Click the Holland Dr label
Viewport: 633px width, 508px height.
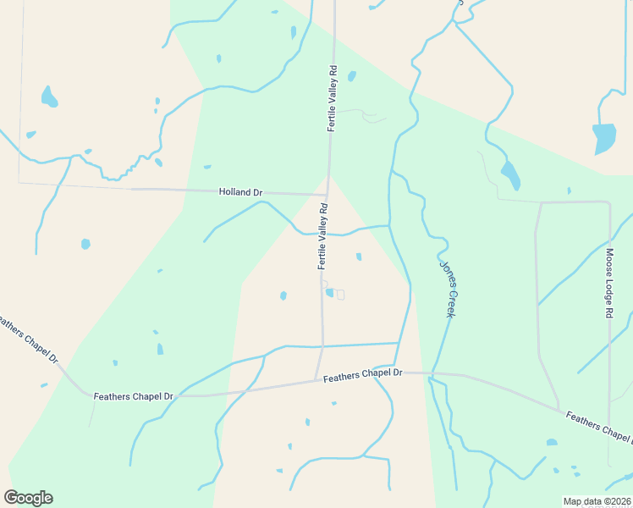pos(240,192)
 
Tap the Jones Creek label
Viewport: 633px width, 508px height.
pos(447,289)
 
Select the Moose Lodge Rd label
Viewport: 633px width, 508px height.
pos(608,283)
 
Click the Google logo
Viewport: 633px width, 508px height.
pos(28,498)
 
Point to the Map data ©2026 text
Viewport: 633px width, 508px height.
pos(597,501)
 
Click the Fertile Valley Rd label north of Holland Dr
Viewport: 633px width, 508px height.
pos(333,100)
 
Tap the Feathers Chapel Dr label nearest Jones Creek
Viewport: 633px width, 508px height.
pos(362,373)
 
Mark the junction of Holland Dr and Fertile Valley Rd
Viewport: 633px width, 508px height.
pos(328,195)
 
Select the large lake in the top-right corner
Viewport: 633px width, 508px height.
pos(604,138)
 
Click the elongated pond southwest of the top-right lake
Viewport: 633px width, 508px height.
pos(510,175)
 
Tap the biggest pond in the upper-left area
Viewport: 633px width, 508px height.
pos(49,97)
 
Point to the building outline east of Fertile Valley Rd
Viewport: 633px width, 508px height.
pos(340,295)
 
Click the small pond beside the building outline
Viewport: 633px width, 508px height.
pos(330,293)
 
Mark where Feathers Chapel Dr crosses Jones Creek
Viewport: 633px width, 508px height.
pos(432,373)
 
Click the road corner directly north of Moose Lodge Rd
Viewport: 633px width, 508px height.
pos(608,202)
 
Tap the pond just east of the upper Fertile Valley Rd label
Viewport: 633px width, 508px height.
pos(351,76)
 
